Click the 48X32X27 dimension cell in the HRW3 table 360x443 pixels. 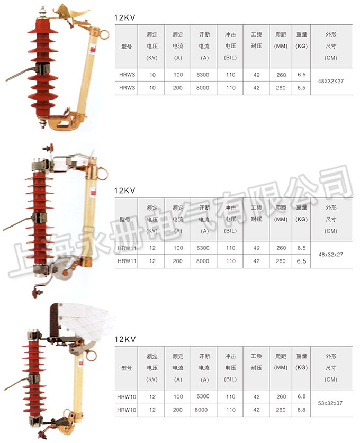point(331,82)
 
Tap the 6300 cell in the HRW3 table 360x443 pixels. point(203,75)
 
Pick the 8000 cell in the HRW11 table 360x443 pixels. point(203,261)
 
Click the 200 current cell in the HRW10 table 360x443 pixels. point(178,409)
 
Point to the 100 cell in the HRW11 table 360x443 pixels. point(178,248)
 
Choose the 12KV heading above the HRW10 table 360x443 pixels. point(125,339)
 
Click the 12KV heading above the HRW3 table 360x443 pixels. point(125,17)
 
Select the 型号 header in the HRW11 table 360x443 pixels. point(127,219)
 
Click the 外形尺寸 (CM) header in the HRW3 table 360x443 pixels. point(331,46)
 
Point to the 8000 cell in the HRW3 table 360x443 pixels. point(203,88)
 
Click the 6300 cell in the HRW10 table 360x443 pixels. point(203,396)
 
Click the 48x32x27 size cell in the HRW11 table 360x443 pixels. point(331,255)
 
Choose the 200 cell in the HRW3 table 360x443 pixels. point(178,88)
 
